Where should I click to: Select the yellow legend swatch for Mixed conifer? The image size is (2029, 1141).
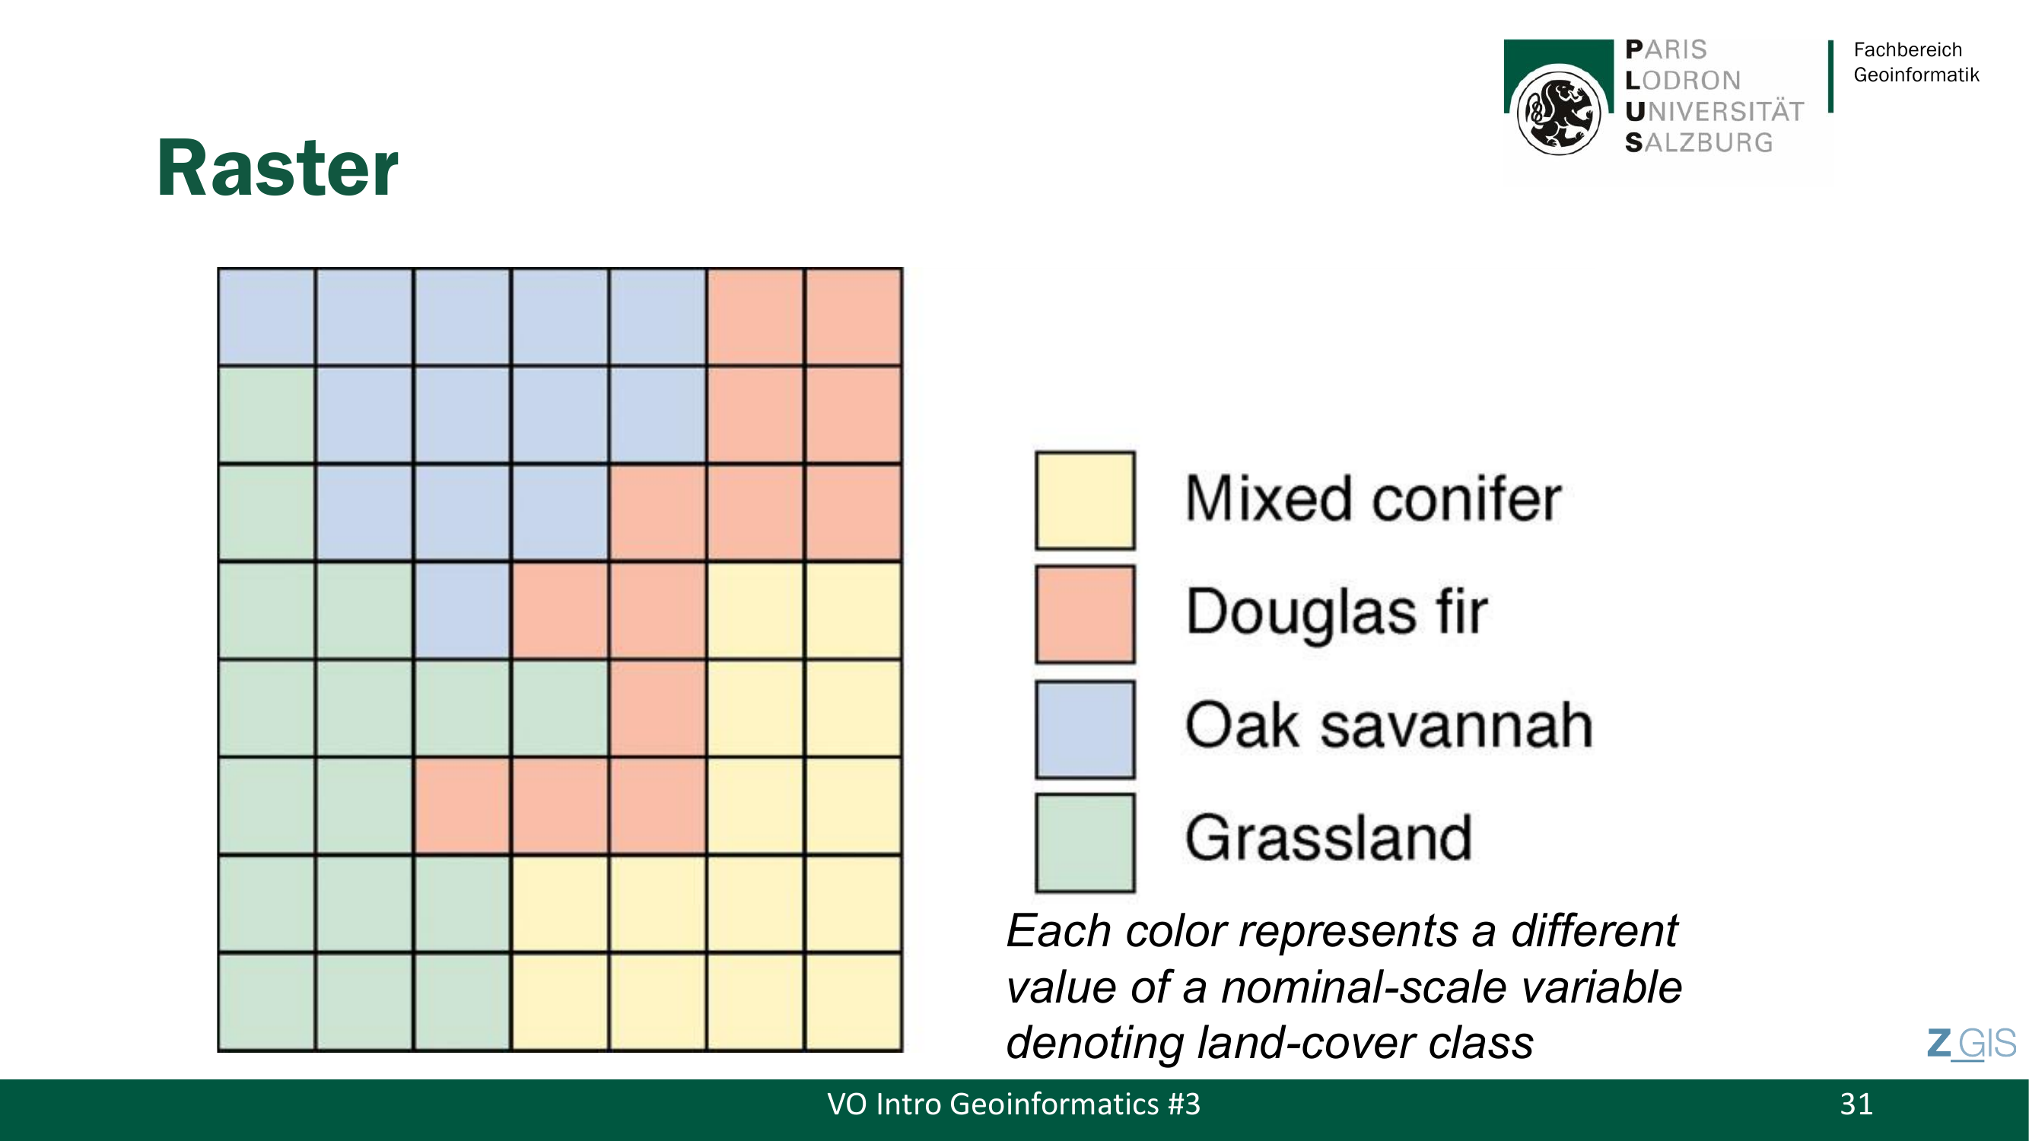(1085, 500)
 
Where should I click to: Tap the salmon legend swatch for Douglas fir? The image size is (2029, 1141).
(1085, 614)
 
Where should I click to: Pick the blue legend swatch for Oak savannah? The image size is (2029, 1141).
(1085, 729)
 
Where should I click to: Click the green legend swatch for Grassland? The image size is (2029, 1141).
(1085, 843)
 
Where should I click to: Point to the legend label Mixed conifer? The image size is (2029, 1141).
(1373, 498)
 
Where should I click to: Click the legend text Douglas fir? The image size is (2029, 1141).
(1337, 612)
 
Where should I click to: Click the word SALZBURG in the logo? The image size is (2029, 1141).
(1699, 142)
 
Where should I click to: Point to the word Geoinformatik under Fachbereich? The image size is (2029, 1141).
(1916, 75)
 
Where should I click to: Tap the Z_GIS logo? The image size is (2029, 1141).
(1971, 1044)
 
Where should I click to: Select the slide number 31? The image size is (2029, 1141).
(1856, 1104)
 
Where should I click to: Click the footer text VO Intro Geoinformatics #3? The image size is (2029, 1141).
(1013, 1104)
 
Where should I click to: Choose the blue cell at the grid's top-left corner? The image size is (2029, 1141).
(267, 316)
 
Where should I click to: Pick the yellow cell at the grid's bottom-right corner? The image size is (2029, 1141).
(853, 1002)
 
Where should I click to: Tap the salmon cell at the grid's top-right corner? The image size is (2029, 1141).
(853, 316)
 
